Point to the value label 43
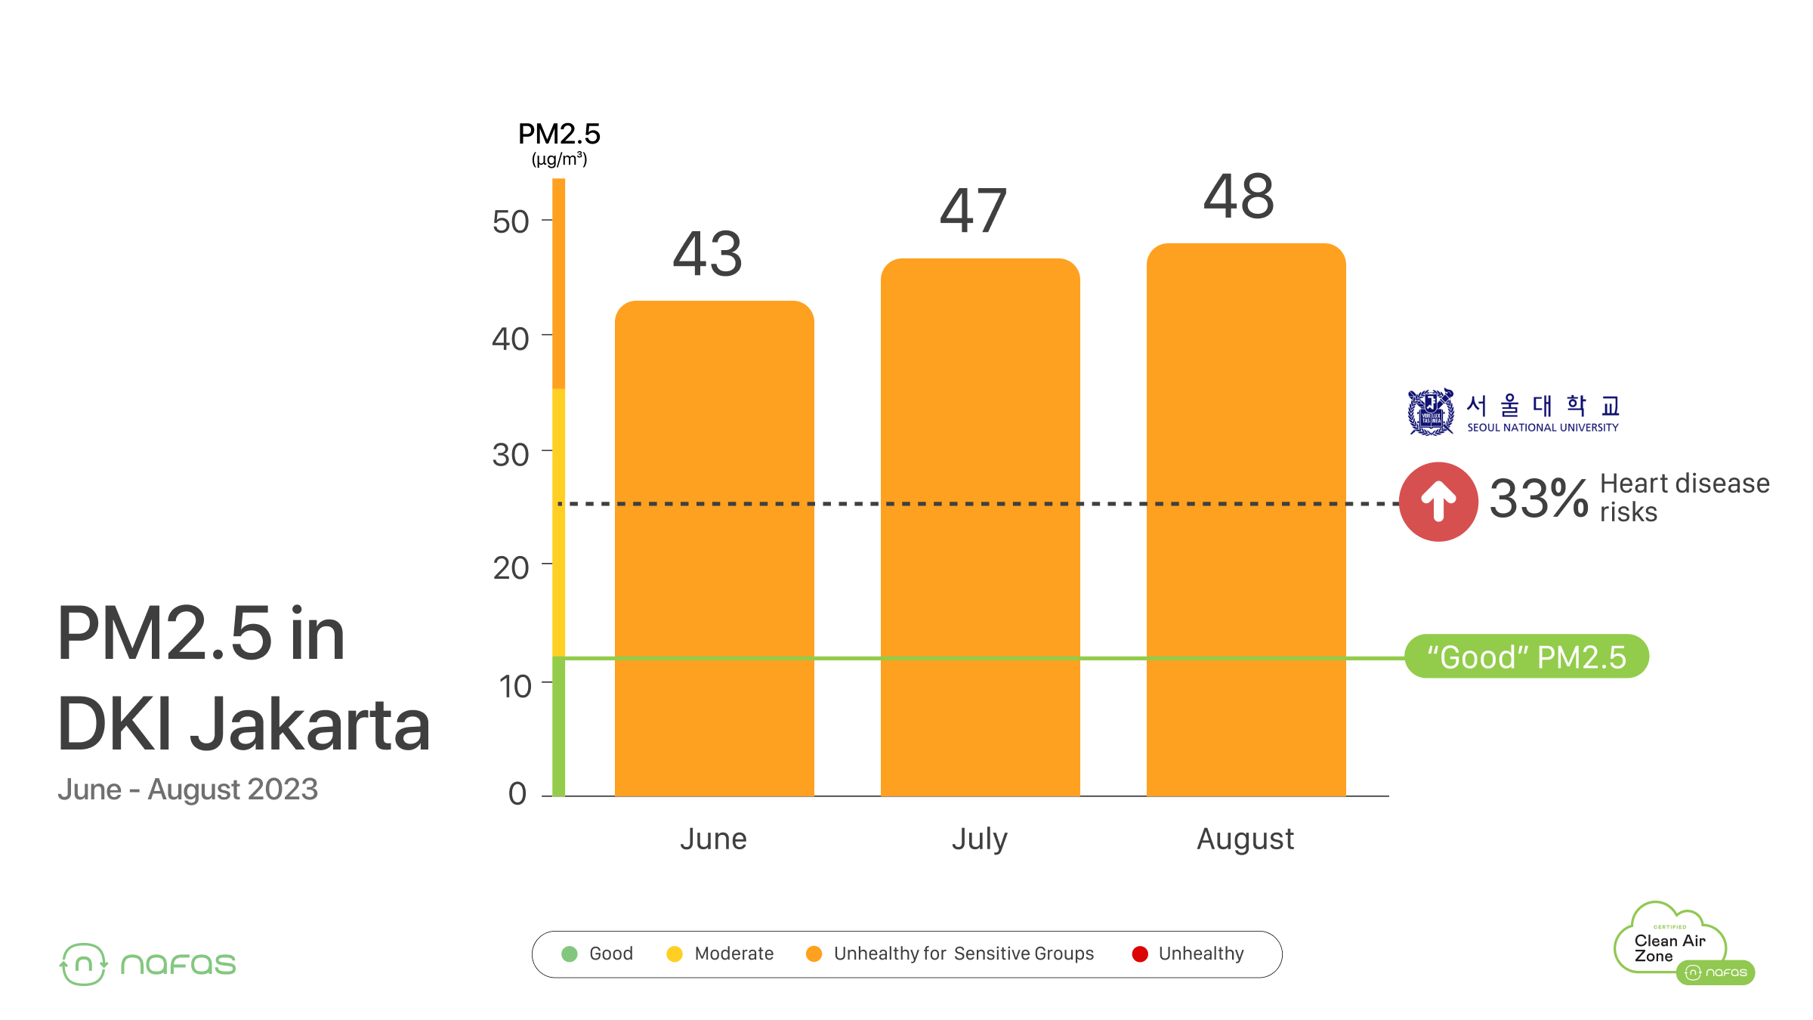(708, 255)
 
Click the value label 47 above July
(973, 212)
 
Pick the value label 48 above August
(1239, 197)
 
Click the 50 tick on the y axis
(511, 222)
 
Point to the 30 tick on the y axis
(511, 455)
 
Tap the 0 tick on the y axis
(517, 793)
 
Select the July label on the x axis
(980, 839)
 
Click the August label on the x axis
(1246, 839)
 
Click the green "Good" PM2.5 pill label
(1526, 657)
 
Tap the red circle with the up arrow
(1438, 502)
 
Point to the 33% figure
(1538, 499)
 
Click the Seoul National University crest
(1430, 412)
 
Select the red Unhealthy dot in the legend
(1140, 954)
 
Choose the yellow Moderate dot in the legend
(675, 954)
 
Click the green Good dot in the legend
(570, 954)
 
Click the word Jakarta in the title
(310, 725)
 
